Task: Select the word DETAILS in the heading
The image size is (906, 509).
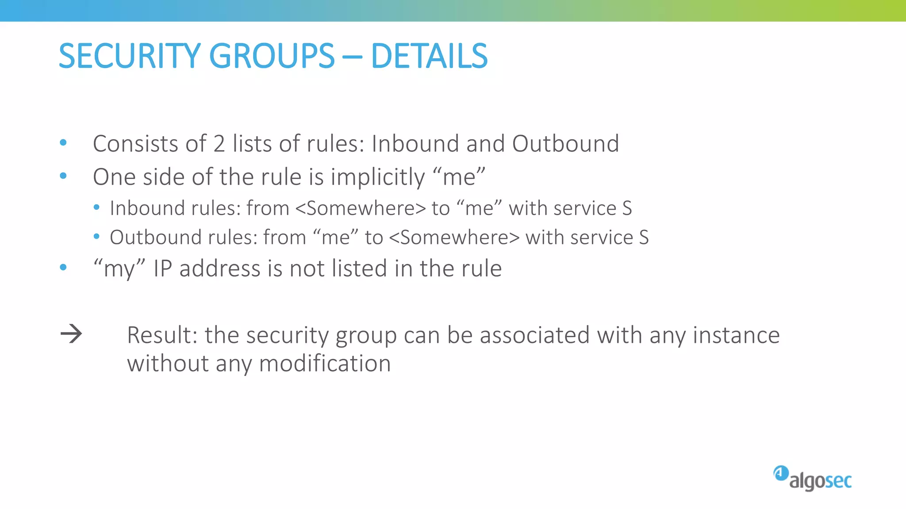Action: click(429, 56)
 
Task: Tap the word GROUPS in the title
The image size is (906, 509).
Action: click(272, 56)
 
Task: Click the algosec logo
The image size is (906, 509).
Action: click(813, 479)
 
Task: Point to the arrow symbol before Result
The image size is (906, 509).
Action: click(71, 334)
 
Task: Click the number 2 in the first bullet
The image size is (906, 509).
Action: click(219, 144)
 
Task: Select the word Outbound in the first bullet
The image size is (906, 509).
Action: click(565, 144)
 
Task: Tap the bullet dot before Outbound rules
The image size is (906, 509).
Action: click(96, 237)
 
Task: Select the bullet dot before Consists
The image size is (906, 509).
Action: click(63, 143)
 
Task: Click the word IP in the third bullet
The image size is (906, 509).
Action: click(162, 269)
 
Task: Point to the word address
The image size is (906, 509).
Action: click(220, 269)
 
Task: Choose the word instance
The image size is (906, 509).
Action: click(736, 335)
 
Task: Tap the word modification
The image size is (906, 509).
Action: click(325, 364)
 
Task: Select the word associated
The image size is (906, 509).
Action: click(535, 335)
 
